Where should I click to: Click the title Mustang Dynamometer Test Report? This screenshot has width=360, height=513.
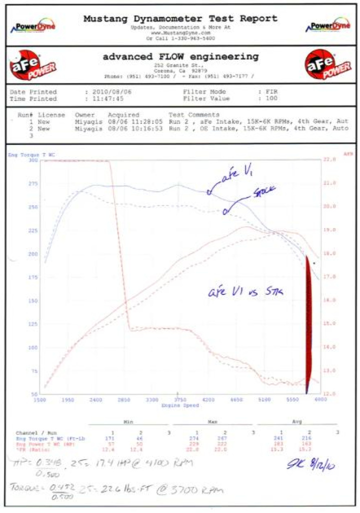[x=180, y=19]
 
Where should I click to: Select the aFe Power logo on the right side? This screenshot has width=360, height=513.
[x=327, y=64]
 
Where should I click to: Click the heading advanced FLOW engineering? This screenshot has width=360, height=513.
[x=180, y=56]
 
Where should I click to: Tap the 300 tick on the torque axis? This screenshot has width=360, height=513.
[x=33, y=160]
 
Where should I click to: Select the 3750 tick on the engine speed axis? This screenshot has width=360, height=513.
[x=180, y=400]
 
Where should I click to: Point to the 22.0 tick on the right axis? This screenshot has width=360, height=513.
[x=330, y=160]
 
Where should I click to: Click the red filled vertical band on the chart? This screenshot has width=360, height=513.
[x=308, y=325]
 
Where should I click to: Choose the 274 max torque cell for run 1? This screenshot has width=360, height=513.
[x=196, y=437]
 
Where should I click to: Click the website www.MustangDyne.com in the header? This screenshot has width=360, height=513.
[x=180, y=32]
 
